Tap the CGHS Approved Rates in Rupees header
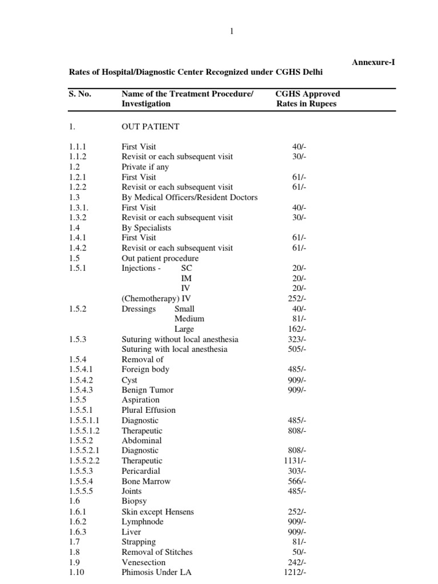[307, 99]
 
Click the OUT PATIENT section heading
[151, 127]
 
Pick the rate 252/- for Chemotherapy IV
[297, 298]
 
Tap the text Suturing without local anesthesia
[180, 339]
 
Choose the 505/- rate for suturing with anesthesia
[297, 349]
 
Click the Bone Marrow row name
[146, 481]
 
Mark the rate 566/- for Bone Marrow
[297, 481]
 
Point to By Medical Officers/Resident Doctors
[189, 197]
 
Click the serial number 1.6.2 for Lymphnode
[78, 522]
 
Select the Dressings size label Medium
[189, 319]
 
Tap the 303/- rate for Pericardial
[297, 471]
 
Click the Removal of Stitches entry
[157, 552]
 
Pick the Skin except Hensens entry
[157, 512]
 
